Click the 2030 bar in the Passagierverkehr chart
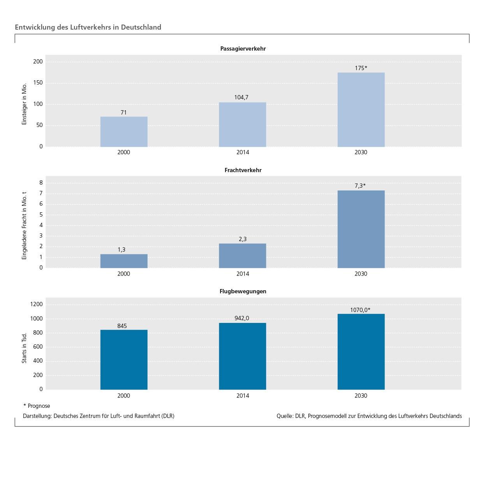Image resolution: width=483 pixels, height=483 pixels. tap(361, 109)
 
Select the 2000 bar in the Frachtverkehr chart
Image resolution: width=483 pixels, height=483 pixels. tap(124, 261)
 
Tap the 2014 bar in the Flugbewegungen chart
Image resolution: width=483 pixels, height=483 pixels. tap(242, 356)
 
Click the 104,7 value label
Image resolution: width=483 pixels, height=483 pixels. tap(241, 97)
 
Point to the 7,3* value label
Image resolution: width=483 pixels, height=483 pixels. tap(360, 186)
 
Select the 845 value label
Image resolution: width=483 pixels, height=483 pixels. tap(122, 326)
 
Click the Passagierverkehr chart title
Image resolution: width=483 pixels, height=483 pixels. tap(243, 49)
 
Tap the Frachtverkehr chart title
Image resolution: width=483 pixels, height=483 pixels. tap(243, 170)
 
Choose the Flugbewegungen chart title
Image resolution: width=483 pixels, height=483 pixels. tap(243, 291)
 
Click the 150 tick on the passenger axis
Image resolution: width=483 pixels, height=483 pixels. tap(38, 83)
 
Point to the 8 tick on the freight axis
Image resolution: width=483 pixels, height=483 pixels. tap(41, 183)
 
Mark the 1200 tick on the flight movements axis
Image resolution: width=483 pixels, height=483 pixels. tap(36, 304)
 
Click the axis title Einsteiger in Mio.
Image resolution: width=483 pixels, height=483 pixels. tap(24, 104)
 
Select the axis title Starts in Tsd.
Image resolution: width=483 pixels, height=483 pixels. tap(24, 348)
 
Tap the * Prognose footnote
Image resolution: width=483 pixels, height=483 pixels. tap(37, 406)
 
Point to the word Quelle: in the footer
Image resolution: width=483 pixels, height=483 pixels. tap(285, 416)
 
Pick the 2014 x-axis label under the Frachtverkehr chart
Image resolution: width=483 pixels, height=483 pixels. tap(242, 274)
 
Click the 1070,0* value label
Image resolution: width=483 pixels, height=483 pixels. tap(360, 310)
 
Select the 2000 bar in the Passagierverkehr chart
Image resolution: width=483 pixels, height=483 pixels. tap(124, 132)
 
